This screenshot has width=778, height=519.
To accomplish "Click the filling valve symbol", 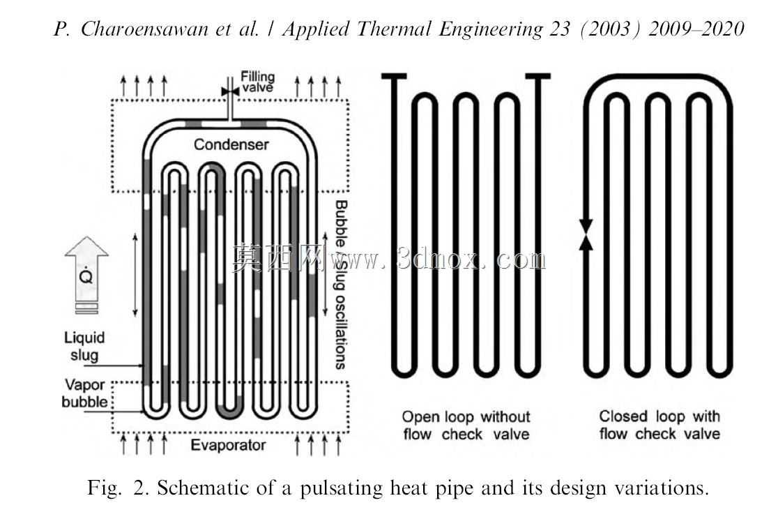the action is tap(230, 92).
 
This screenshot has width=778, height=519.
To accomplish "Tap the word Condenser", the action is tap(231, 144).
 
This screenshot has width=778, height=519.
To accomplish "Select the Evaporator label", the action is tap(228, 445).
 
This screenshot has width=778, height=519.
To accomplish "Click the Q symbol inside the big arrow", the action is tap(86, 275).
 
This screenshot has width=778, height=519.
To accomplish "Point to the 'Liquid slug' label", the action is tap(84, 346).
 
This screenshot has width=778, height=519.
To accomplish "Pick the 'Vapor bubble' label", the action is tap(84, 393).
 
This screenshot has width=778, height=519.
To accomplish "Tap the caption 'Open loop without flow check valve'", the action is tap(466, 425).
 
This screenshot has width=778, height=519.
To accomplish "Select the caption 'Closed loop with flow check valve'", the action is tap(659, 425).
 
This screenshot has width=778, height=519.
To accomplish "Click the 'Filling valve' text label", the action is tap(257, 82).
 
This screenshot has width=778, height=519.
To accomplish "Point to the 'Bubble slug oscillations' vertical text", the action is tap(340, 285).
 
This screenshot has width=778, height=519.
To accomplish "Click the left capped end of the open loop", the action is tap(395, 76).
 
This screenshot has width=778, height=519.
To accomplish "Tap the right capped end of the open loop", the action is tap(538, 76).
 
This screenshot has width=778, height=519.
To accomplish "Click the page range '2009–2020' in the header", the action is tap(696, 29).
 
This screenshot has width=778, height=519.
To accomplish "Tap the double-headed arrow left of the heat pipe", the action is tap(135, 275).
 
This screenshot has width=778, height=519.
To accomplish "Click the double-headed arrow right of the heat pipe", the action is tap(326, 273).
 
